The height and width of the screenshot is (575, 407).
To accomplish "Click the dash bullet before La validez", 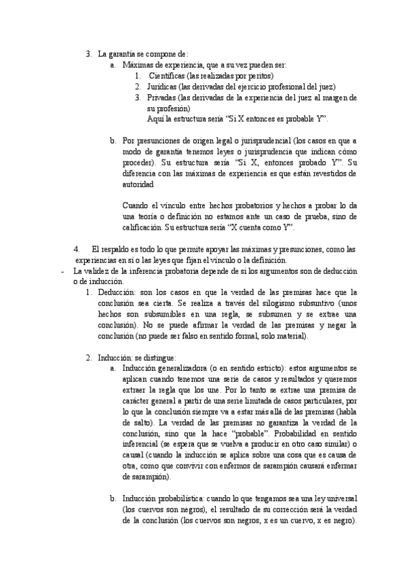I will click(x=62, y=271).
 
